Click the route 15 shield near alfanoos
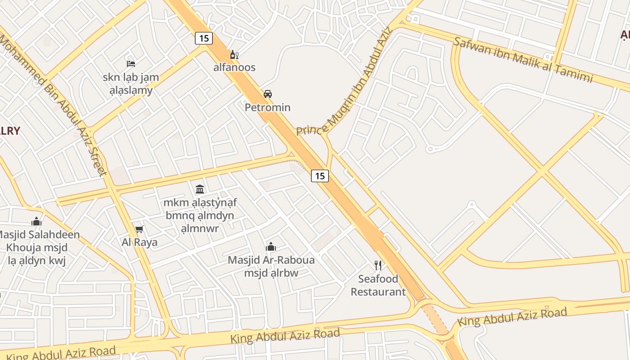click(x=204, y=38)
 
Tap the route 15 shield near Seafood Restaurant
click(x=319, y=175)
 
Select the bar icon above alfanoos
click(x=234, y=55)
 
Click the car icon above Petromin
click(x=268, y=94)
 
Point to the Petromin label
click(x=267, y=108)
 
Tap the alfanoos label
click(x=234, y=67)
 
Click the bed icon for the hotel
click(x=131, y=63)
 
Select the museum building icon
click(x=200, y=189)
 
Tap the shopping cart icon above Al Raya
click(x=139, y=229)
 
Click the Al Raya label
click(x=139, y=243)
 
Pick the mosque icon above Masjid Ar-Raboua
click(x=271, y=247)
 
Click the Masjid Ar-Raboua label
click(x=271, y=260)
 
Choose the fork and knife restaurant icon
click(x=378, y=265)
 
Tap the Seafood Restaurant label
click(x=378, y=285)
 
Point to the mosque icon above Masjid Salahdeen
click(x=36, y=221)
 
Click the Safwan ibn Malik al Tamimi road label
click(x=523, y=60)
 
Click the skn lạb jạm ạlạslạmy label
click(x=130, y=84)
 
